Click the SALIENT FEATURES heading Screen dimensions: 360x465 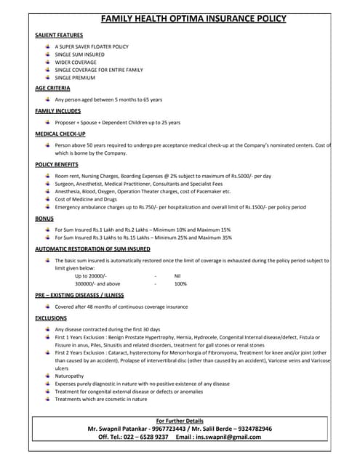click(x=59, y=35)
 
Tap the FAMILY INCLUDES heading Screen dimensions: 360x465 click(x=57, y=111)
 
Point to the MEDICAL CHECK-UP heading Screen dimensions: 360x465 click(x=60, y=134)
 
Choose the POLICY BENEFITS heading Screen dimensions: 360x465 click(x=57, y=165)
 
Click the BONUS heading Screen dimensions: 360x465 click(x=44, y=218)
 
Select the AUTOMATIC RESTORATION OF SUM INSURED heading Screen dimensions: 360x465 click(x=92, y=248)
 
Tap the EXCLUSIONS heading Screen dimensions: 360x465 click(x=51, y=318)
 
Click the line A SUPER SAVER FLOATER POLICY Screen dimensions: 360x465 click(x=92, y=46)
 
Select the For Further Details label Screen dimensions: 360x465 click(x=180, y=421)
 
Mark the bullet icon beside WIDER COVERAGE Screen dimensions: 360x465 click(x=47, y=62)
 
